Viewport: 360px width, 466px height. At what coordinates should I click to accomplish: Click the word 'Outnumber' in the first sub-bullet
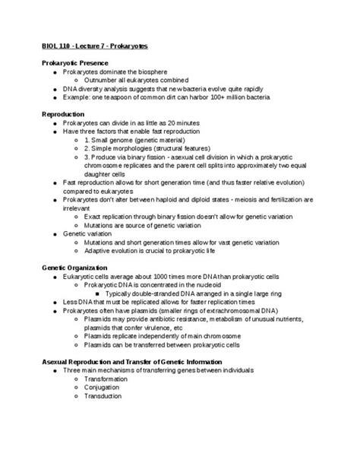pyautogui.click(x=101, y=80)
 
